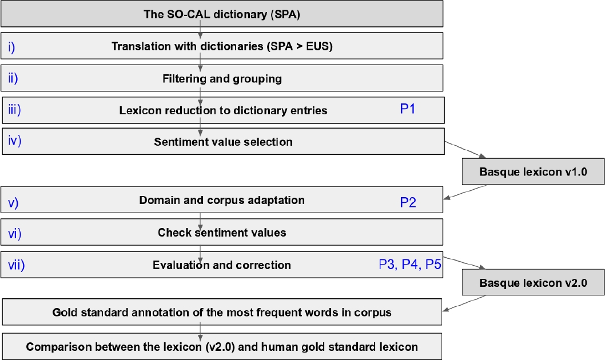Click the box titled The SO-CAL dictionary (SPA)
pos(222,14)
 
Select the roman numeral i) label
pos(12,47)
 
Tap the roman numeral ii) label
pos(13,78)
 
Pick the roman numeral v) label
pos(13,202)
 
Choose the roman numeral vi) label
pos(14,233)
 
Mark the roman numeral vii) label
pos(16,264)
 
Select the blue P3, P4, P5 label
pos(410,264)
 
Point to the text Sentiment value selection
pos(223,142)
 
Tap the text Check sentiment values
pos(221,233)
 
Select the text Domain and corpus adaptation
pos(222,201)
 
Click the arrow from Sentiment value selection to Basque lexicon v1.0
pos(465,150)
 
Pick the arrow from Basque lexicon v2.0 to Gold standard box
pos(464,303)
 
